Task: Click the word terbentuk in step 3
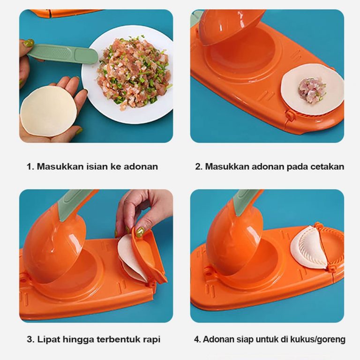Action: coord(119,339)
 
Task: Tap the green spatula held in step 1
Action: coord(63,54)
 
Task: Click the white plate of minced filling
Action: coord(127,74)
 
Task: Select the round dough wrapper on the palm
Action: coord(48,112)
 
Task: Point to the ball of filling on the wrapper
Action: coord(312,90)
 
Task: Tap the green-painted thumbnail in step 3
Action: coord(140,232)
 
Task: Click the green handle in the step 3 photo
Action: coord(73,202)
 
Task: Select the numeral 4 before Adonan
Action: coord(196,339)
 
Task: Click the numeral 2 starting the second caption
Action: coord(198,166)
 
